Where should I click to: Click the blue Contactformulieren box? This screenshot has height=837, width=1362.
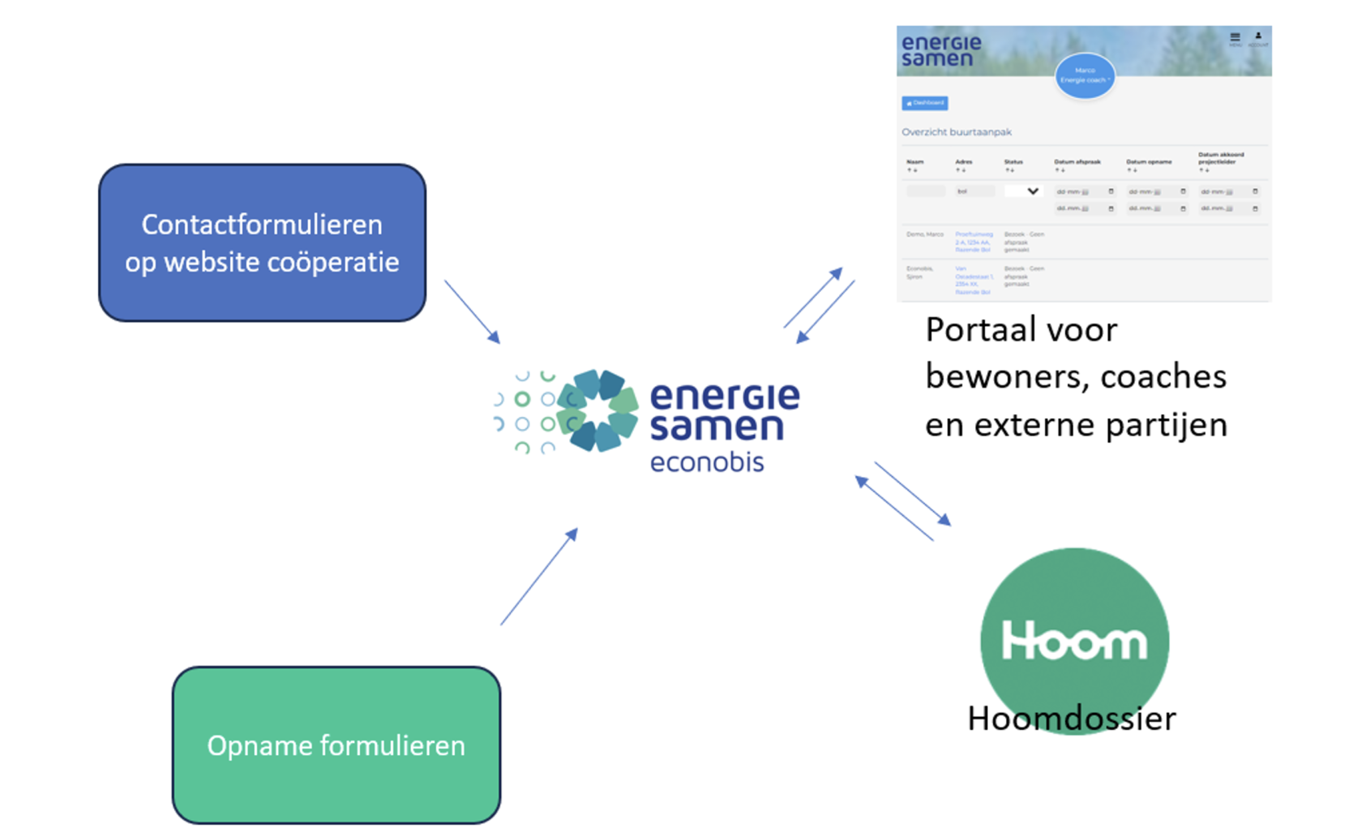click(262, 243)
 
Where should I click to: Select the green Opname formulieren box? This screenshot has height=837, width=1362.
click(336, 745)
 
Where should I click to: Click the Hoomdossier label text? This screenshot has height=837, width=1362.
click(1071, 719)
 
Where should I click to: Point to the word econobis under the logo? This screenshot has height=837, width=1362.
click(707, 462)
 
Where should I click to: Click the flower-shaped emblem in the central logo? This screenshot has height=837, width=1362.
click(598, 410)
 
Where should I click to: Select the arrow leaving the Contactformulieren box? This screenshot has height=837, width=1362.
click(472, 311)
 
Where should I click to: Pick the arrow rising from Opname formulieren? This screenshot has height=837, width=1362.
click(538, 577)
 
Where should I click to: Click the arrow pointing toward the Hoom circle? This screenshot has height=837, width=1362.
click(913, 493)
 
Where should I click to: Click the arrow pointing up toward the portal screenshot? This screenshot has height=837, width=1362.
click(812, 298)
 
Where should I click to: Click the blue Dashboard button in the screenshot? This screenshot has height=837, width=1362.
click(924, 103)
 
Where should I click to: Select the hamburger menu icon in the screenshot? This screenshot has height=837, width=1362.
click(1235, 37)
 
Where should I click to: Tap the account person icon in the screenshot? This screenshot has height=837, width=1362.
click(1258, 36)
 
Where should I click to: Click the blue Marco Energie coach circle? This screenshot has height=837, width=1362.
click(1085, 75)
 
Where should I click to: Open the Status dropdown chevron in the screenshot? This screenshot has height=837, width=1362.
click(1032, 191)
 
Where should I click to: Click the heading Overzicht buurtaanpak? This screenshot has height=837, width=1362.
click(957, 132)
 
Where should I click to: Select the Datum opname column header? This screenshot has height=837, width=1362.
click(1149, 162)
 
